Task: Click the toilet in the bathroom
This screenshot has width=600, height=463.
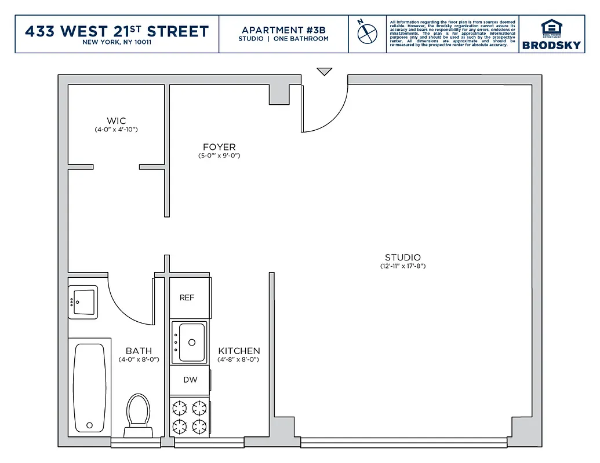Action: [x=139, y=412]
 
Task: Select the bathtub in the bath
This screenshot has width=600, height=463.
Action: [x=89, y=387]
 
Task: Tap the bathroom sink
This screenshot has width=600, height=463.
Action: [x=83, y=302]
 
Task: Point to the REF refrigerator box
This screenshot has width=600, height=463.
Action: [x=187, y=297]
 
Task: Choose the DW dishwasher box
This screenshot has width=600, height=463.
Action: [x=190, y=380]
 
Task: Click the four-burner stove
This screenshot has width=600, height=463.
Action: [x=190, y=417]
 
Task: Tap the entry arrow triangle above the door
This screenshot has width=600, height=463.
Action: [x=325, y=72]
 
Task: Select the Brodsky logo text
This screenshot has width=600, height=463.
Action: [x=551, y=45]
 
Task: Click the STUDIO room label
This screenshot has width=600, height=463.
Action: [x=403, y=258]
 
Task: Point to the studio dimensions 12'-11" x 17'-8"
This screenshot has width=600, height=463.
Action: [x=403, y=267]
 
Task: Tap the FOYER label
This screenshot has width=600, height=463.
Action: [x=219, y=147]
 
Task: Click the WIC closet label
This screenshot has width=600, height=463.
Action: [x=117, y=121]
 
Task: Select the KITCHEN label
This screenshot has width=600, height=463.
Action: [x=239, y=351]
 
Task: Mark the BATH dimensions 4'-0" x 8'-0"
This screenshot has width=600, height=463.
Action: [x=139, y=359]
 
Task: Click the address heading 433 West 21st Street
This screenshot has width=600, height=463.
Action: [x=117, y=31]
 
